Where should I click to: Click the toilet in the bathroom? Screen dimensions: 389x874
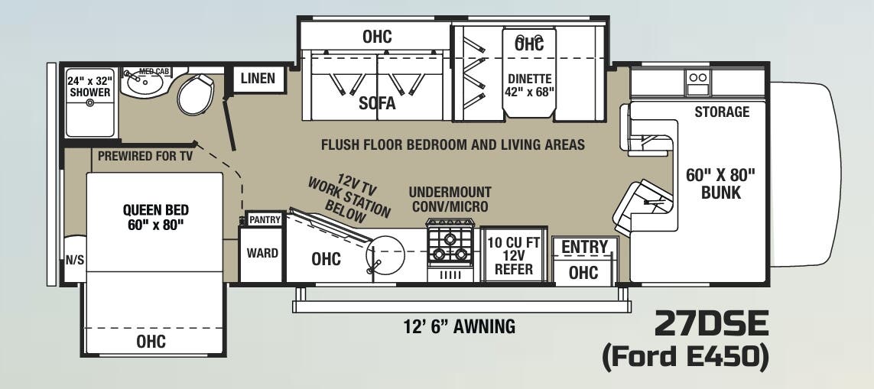tap(197, 94)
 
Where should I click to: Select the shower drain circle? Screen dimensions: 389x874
tap(90, 102)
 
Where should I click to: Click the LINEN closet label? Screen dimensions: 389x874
tap(258, 79)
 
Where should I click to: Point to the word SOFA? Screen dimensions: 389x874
tap(377, 104)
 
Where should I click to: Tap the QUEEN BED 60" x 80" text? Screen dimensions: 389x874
tap(155, 217)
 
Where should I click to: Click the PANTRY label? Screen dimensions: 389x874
tap(265, 220)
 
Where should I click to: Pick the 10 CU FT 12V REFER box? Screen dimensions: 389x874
tap(514, 255)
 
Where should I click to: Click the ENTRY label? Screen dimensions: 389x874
tap(584, 247)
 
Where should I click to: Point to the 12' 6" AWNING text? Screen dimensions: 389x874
tap(459, 327)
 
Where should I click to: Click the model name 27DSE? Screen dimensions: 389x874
tap(710, 325)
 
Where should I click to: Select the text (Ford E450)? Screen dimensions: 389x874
tap(685, 358)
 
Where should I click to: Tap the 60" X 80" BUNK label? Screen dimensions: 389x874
tap(720, 183)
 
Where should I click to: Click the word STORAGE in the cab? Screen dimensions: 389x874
tap(721, 112)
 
